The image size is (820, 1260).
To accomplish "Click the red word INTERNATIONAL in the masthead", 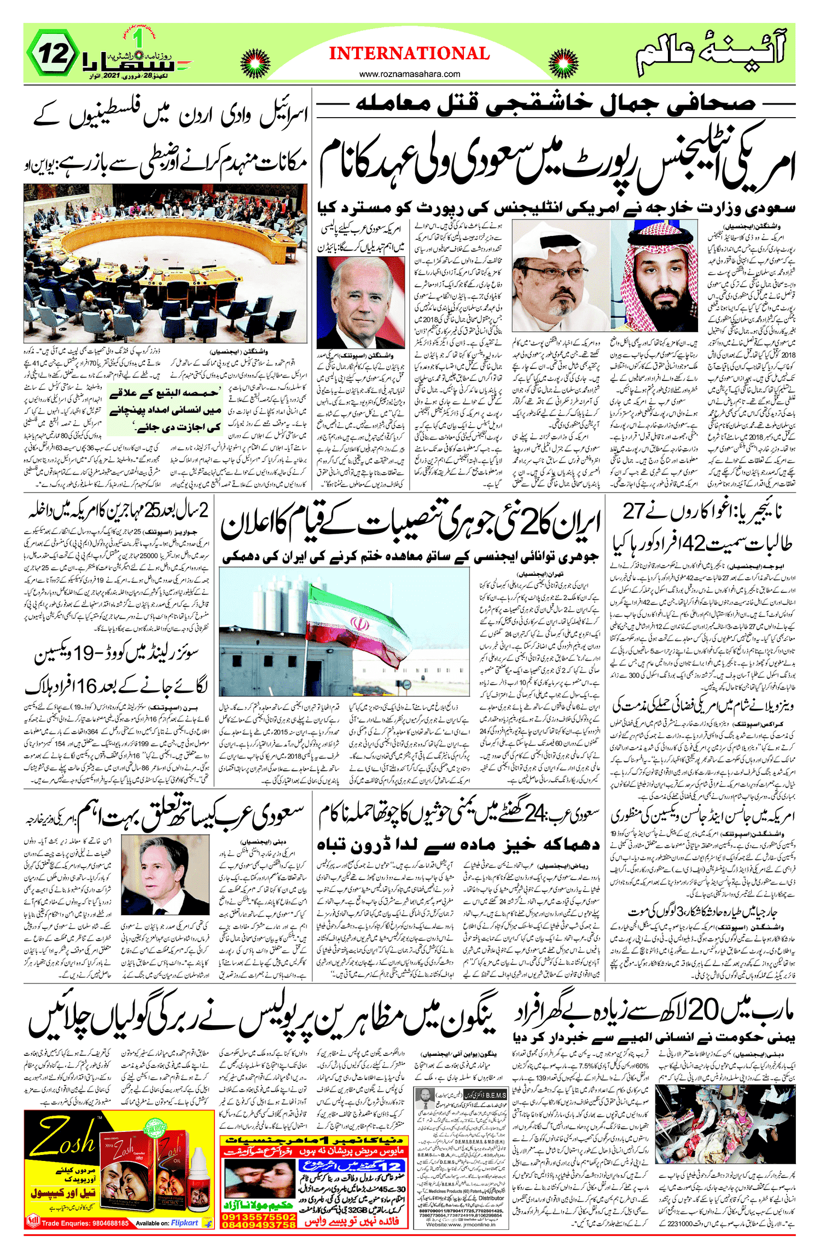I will click(409, 54).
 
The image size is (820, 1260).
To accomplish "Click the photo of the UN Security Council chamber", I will click(165, 263).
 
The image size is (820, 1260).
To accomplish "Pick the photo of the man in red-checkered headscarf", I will click(654, 276).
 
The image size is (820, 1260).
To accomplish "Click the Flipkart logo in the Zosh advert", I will click(184, 1223).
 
